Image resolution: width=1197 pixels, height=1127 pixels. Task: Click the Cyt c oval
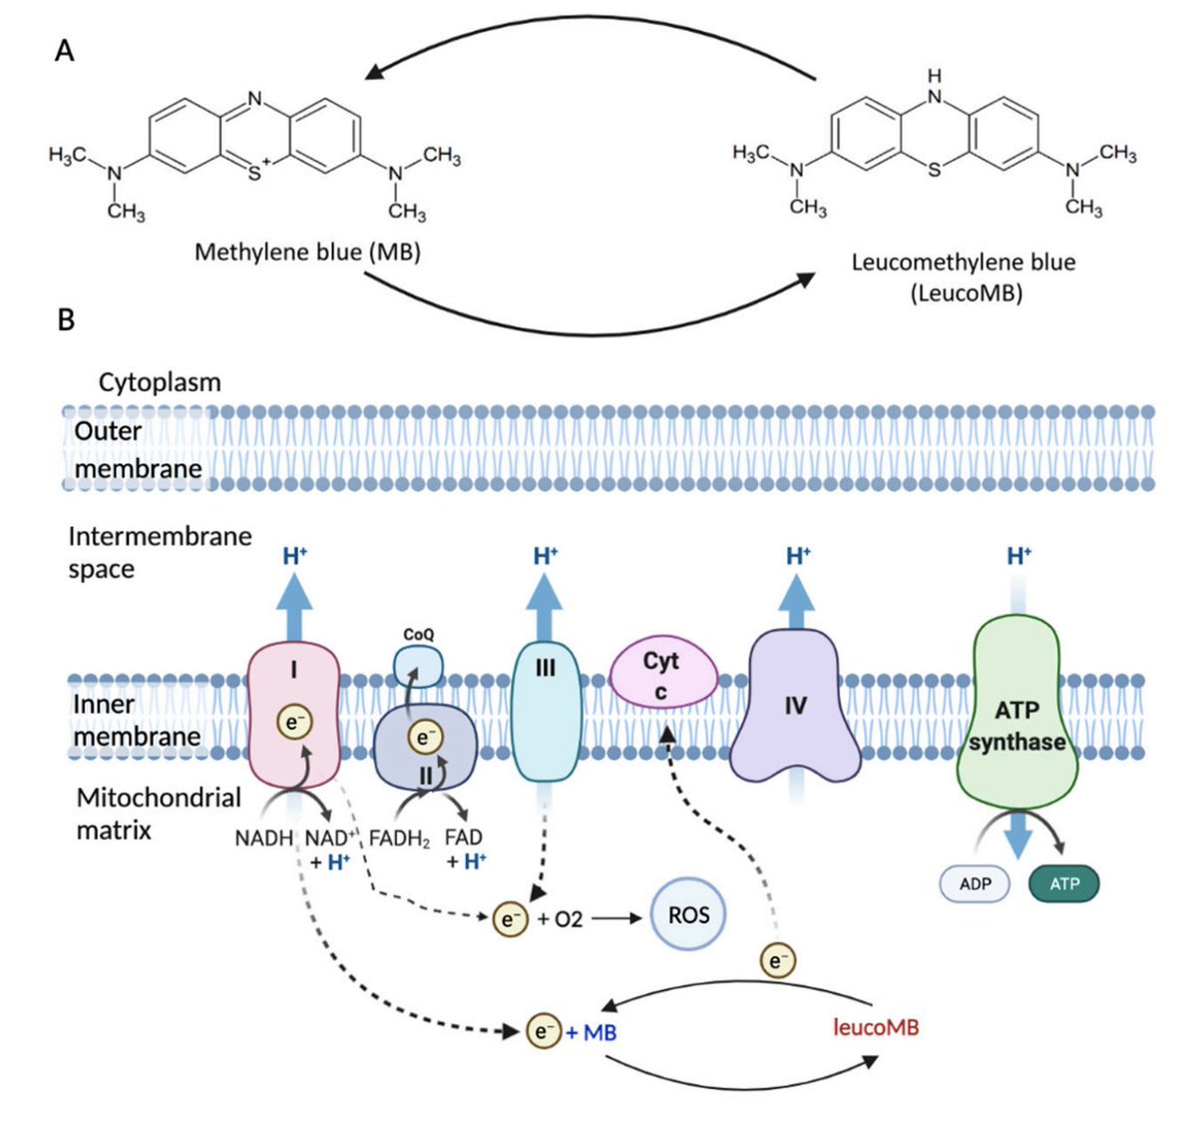coord(662,674)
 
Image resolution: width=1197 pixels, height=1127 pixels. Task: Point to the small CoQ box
coord(418,664)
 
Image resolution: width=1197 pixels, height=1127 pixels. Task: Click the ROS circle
coord(688,914)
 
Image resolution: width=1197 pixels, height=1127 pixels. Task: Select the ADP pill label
coord(975,884)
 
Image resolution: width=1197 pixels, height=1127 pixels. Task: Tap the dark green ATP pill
coord(1064,884)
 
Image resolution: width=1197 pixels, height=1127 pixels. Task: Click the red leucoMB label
coord(876,1027)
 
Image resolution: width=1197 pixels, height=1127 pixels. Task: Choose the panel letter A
coord(64,50)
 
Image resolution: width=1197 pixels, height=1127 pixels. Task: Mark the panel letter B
coord(66,319)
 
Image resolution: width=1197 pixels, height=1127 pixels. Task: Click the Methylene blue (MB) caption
coord(307,252)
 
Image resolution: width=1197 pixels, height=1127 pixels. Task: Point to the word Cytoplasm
coord(160,382)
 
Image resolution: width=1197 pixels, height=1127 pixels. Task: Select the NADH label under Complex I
coord(263,839)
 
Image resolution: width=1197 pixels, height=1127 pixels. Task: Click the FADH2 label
coord(399,839)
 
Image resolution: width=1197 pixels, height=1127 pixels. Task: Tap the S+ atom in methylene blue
coord(258,173)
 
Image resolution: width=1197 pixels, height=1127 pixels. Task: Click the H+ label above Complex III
coord(546,556)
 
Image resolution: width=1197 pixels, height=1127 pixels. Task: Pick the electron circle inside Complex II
coord(426,738)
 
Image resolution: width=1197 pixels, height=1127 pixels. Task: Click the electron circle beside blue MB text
coord(543,1031)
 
